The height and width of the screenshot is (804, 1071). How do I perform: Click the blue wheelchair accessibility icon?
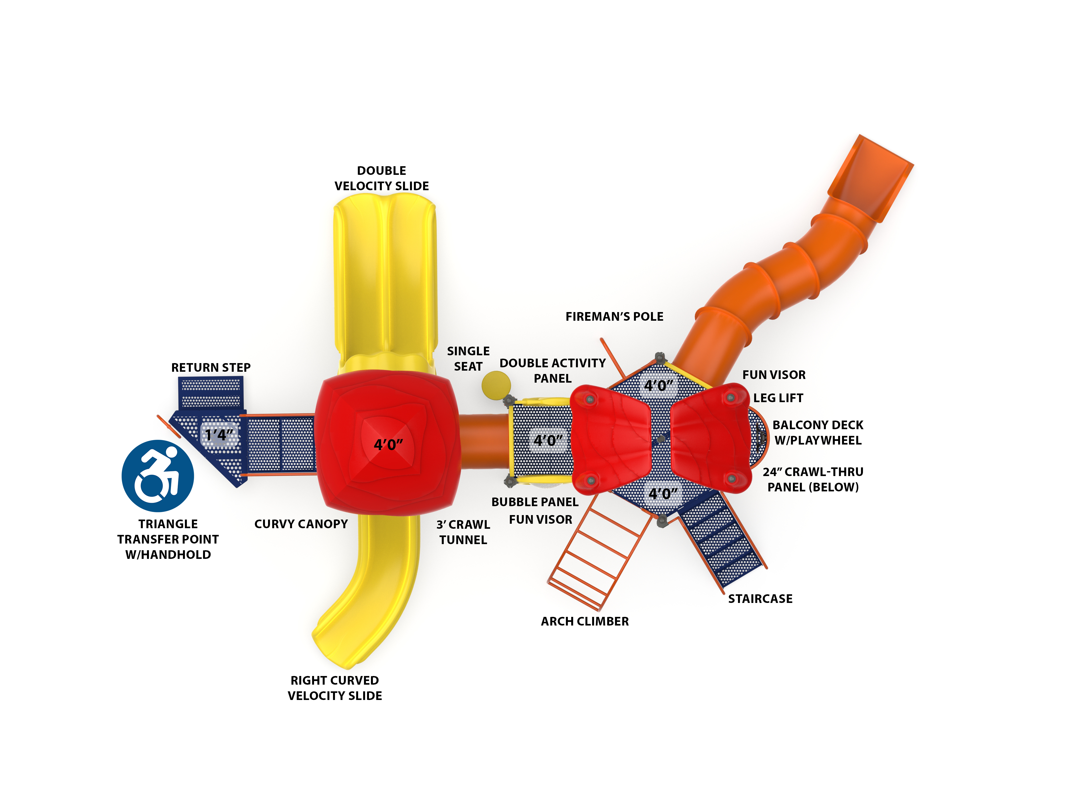pos(158,476)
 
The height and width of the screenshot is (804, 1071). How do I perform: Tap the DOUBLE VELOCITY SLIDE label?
pos(382,178)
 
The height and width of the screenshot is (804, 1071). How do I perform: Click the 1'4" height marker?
pos(219,435)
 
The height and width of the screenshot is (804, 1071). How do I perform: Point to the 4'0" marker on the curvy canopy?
pos(388,444)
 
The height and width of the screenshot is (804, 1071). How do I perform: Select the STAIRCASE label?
pos(760,599)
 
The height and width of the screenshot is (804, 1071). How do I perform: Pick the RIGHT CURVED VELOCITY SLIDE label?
pos(335,688)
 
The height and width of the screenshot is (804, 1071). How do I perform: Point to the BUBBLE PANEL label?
pos(535,502)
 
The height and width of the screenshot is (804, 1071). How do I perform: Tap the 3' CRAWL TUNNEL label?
pos(463,532)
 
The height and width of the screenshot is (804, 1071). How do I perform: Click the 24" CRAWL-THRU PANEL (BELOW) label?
pos(813,479)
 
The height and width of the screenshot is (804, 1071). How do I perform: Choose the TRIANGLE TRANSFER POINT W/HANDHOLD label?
pos(168,539)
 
